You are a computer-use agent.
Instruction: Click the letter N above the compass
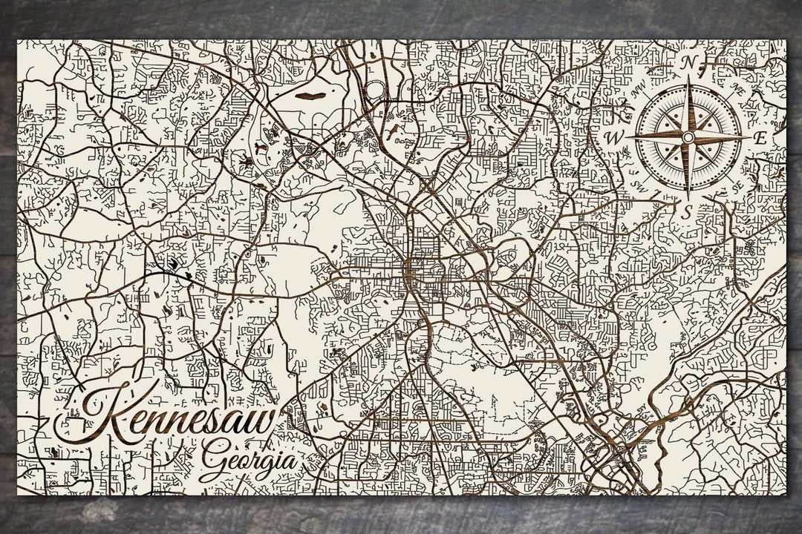pos(688,64)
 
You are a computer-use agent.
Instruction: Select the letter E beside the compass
pos(760,139)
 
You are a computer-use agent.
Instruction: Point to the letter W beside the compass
pos(614,138)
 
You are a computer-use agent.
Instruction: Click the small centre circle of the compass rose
pos(688,138)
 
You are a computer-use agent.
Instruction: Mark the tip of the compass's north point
pos(688,82)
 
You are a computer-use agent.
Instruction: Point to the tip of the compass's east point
pos(749,138)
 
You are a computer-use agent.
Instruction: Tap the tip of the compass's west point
pos(628,138)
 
